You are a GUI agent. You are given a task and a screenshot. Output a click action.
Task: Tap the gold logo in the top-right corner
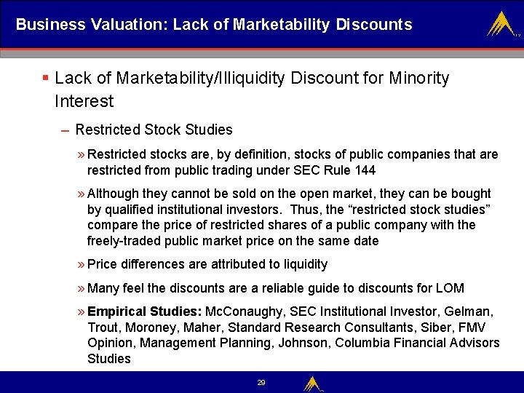(503, 25)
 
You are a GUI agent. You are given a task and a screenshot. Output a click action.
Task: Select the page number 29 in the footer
(261, 382)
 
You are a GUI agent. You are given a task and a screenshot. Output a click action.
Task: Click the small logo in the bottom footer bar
(314, 383)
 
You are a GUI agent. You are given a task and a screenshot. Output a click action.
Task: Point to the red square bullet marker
(45, 78)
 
